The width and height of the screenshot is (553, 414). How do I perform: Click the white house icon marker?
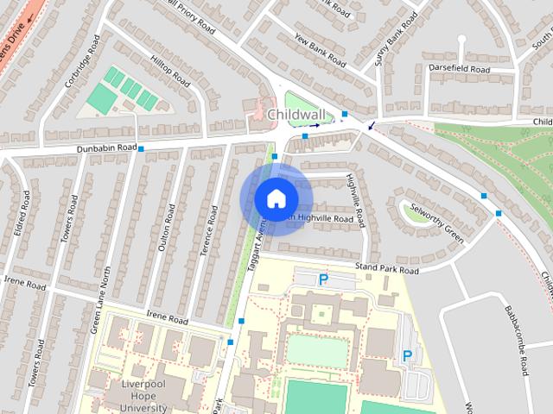[275, 198]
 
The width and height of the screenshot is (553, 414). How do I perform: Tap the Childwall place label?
[296, 114]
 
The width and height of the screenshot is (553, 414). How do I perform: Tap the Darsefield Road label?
[458, 68]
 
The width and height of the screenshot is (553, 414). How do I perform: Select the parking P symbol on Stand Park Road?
[323, 279]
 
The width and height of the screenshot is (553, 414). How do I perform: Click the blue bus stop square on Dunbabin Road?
[141, 149]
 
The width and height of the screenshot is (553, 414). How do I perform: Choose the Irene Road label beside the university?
[167, 319]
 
